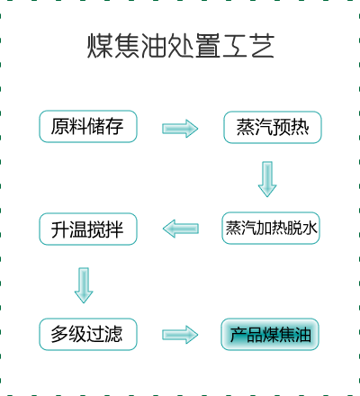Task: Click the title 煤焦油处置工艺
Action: tap(181, 46)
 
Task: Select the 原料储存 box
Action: tap(88, 126)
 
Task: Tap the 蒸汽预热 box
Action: tap(273, 127)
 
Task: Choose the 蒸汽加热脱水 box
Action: tap(271, 228)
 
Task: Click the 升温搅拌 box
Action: tap(88, 229)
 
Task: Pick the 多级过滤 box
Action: tap(88, 334)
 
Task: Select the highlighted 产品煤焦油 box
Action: tap(270, 334)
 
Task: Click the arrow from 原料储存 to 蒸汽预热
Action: tap(180, 129)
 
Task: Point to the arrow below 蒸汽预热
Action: tap(267, 179)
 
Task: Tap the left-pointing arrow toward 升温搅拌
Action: tap(181, 229)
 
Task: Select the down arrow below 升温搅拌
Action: tap(84, 285)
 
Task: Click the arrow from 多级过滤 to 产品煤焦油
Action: tap(180, 335)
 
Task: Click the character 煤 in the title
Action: tap(100, 46)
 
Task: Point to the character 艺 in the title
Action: tap(263, 46)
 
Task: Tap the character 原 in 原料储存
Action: tap(59, 126)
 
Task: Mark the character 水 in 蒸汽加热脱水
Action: tap(310, 228)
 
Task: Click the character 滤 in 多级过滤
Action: tap(114, 334)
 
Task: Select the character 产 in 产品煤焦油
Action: tap(238, 335)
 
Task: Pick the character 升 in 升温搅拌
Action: tap(59, 229)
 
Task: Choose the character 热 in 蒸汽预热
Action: tap(300, 127)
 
